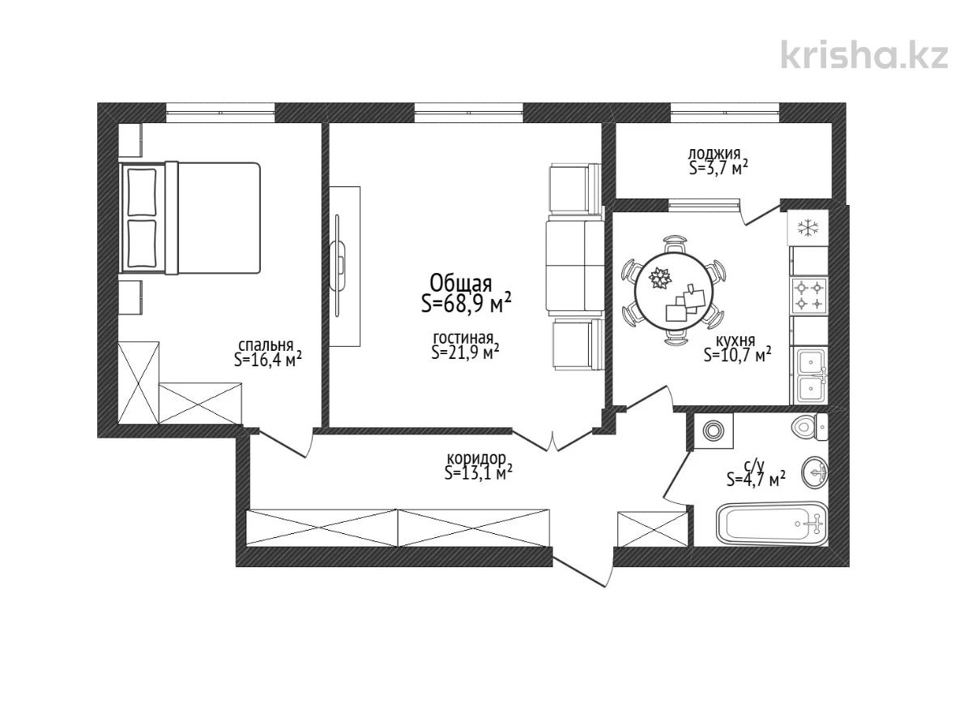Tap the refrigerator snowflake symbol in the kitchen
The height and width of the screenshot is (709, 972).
click(x=808, y=227)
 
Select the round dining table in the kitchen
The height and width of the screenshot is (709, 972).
click(x=674, y=292)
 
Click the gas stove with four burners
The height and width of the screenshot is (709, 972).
click(x=809, y=296)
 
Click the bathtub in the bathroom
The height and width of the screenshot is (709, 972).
click(x=771, y=523)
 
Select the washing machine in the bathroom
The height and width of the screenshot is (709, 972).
click(x=714, y=430)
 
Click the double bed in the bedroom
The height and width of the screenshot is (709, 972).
click(x=190, y=217)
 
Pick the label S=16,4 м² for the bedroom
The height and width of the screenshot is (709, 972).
click(x=268, y=359)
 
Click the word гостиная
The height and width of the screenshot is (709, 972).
click(x=463, y=338)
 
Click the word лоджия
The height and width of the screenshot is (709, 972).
click(x=714, y=154)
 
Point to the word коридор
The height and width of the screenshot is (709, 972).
click(x=476, y=459)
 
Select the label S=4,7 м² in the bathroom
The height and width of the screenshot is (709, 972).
click(x=757, y=480)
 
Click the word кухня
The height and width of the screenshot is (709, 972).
click(x=735, y=340)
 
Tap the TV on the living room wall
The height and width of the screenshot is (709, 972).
click(x=338, y=266)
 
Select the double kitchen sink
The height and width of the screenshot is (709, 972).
click(x=809, y=375)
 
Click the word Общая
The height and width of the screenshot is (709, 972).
click(x=461, y=284)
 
